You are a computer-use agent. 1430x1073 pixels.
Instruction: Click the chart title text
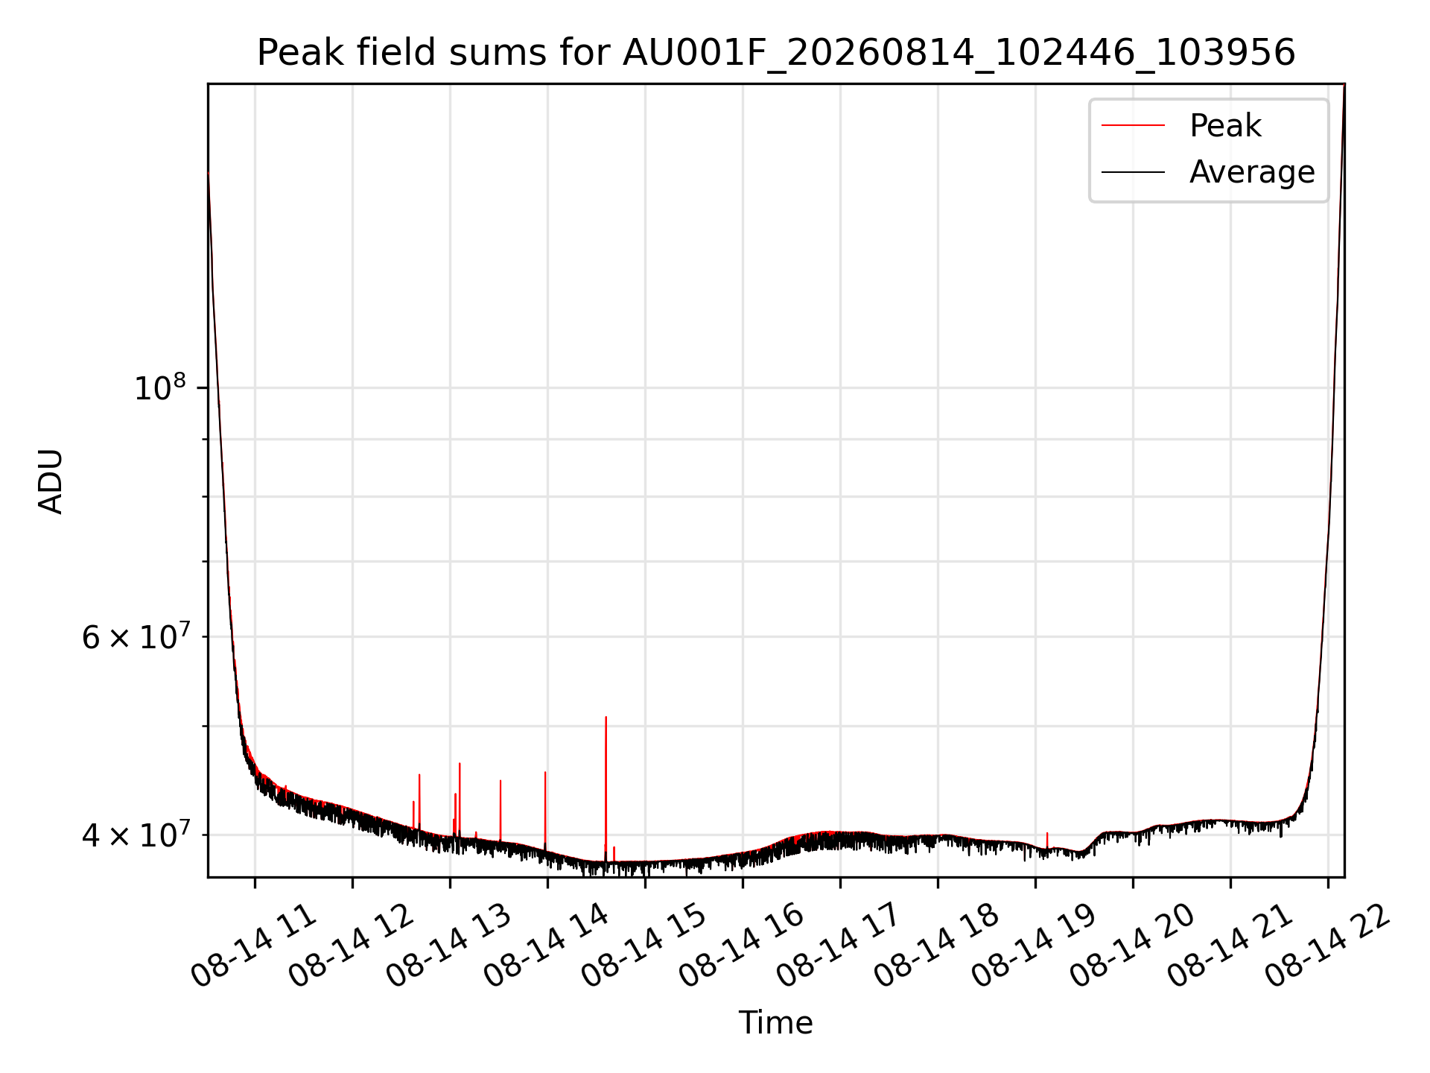776,54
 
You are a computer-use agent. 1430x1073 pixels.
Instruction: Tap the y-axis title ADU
51,481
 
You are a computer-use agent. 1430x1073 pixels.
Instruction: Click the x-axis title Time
775,1022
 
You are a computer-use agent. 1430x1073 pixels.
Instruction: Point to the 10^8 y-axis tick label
159,387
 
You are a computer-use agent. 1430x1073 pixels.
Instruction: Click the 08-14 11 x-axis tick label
253,946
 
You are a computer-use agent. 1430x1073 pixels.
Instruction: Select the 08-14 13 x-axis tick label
448,946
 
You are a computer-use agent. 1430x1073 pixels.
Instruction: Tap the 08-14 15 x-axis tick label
643,946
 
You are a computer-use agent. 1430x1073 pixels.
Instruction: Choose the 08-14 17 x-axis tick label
839,946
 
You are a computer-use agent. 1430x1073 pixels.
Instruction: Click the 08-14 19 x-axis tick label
1034,946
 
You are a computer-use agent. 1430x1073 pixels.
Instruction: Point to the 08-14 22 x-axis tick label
1327,946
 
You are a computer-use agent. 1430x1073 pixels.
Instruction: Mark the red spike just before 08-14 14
545,811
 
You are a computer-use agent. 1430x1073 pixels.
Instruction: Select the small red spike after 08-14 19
1047,841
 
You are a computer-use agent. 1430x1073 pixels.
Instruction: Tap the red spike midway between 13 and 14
500,811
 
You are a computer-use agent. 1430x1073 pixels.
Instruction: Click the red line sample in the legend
1133,126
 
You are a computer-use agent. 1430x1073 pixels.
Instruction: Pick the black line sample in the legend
1133,172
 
